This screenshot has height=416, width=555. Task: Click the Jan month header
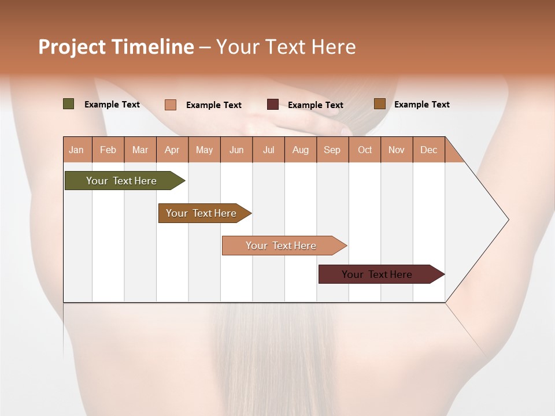[x=76, y=150]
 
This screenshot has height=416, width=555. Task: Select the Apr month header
[x=172, y=150]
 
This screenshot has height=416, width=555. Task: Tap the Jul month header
[x=268, y=150]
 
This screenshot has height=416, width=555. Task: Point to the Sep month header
[x=332, y=150]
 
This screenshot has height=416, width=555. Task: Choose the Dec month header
[x=428, y=150]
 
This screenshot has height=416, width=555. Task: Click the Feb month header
[x=108, y=150]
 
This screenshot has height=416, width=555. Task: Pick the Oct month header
[x=365, y=150]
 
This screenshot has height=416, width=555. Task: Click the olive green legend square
[x=69, y=104]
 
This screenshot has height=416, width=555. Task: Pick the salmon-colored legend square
[x=171, y=105]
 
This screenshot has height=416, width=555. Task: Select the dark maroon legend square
[x=273, y=105]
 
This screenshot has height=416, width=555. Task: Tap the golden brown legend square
[x=380, y=104]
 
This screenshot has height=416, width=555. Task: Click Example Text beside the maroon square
[x=315, y=105]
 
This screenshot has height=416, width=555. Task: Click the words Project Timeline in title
[x=116, y=47]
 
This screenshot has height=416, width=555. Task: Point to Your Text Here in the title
[x=286, y=47]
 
